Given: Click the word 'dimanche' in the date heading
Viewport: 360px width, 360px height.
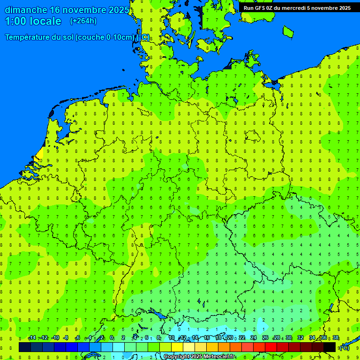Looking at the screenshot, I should [26, 10].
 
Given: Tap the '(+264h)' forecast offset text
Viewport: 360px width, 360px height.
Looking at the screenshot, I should [83, 21].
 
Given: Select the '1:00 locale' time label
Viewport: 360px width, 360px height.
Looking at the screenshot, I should [33, 21].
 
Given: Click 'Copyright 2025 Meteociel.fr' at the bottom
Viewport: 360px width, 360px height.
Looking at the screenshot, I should [199, 357].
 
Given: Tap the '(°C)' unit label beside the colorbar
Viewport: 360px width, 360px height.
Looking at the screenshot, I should [344, 347].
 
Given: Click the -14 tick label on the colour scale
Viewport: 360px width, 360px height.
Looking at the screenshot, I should [32, 338].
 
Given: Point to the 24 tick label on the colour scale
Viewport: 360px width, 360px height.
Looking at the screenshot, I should [254, 338].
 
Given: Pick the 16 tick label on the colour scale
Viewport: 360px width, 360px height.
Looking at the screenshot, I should [207, 338].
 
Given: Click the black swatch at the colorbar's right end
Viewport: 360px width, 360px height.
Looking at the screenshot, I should [330, 347].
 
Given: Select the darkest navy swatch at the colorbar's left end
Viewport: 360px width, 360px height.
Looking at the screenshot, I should [24, 347].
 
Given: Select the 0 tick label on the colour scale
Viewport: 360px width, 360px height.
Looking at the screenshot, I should [112, 338].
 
